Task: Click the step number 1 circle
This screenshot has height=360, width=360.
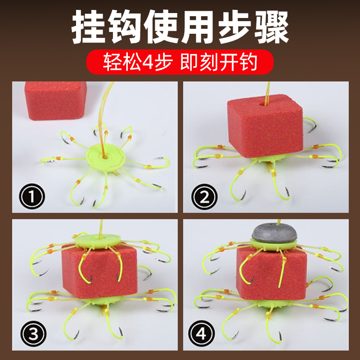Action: point(32,196)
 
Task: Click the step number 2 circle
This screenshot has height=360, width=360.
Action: point(204,197)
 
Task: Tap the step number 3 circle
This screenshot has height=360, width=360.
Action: point(33,333)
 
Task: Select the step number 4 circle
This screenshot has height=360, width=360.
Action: point(201,333)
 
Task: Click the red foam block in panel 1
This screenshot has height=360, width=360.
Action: point(55,100)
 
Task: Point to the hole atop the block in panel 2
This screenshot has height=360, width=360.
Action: point(262,104)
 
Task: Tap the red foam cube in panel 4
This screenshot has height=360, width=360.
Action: point(272,273)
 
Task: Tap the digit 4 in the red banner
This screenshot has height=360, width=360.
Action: point(148,62)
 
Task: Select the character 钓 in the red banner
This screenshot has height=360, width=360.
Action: point(248,62)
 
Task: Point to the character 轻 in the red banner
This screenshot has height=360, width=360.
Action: point(112,62)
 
